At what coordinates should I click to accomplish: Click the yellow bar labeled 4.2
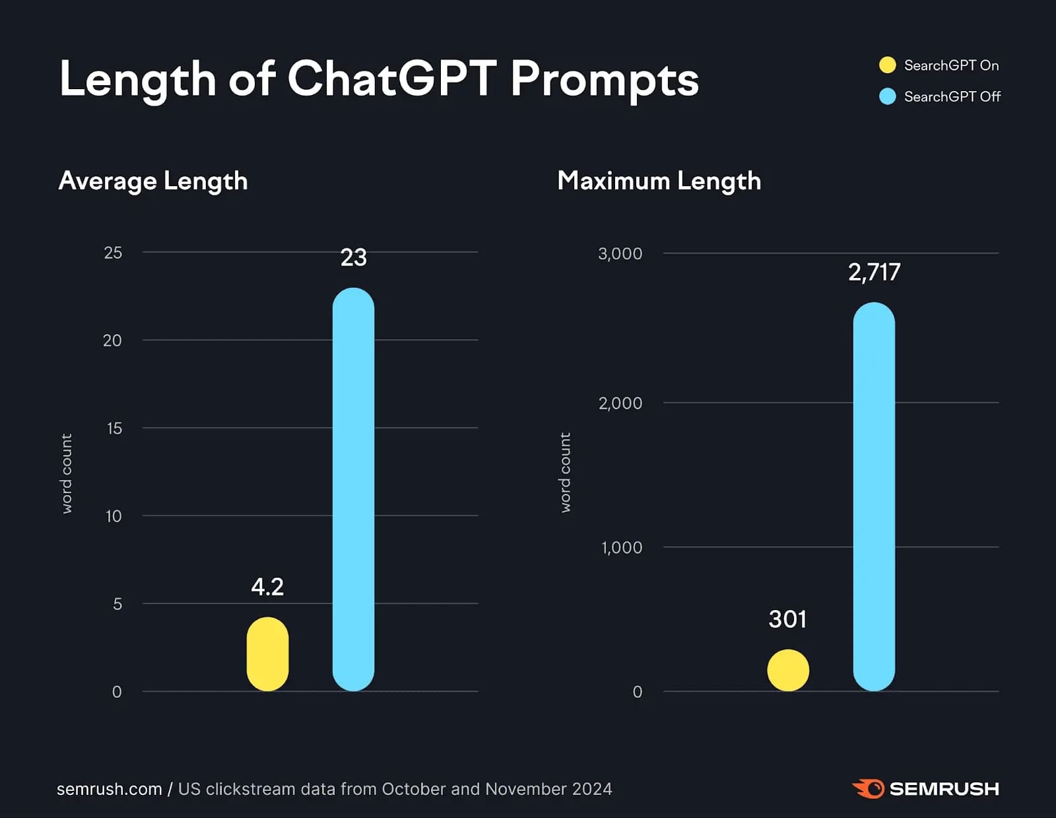267,654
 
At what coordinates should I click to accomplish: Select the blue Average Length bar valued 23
353,489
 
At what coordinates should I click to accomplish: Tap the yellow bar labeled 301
787,670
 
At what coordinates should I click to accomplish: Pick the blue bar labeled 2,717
874,496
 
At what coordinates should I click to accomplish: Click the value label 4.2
267,586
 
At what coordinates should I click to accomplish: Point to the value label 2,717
874,272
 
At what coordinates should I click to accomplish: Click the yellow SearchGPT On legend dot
888,65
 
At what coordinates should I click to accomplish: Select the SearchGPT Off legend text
952,96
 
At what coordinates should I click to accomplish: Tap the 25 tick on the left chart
113,253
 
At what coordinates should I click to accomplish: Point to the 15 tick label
114,428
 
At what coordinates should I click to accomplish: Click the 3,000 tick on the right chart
620,254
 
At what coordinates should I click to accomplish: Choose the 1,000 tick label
621,547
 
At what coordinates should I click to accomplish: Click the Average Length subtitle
153,181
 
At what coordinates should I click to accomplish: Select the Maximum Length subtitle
659,181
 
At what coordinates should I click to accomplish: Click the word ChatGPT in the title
391,79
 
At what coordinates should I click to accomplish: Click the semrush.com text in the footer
109,789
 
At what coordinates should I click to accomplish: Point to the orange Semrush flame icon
868,788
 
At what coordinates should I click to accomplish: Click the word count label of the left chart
67,473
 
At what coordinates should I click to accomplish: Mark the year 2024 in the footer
592,789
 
